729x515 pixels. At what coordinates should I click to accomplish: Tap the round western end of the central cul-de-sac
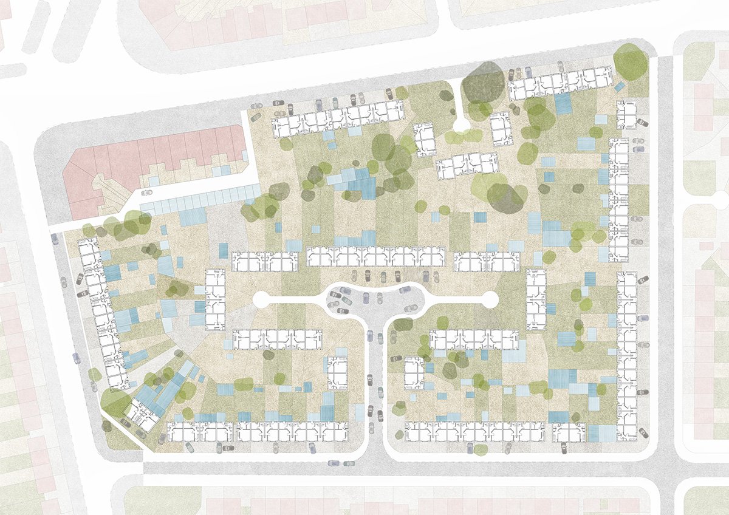pyautogui.click(x=261, y=299)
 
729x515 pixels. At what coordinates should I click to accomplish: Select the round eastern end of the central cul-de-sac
pyautogui.click(x=490, y=299)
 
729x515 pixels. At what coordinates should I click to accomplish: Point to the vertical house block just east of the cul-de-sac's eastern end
pyautogui.click(x=536, y=299)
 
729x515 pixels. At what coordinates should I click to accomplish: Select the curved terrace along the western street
pyautogui.click(x=100, y=310)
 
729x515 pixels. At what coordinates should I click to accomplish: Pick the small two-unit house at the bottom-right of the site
pyautogui.click(x=569, y=432)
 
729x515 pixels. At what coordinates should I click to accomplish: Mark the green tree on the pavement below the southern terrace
pyautogui.click(x=481, y=450)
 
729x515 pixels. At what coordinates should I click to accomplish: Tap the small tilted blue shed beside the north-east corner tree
pyautogui.click(x=619, y=87)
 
